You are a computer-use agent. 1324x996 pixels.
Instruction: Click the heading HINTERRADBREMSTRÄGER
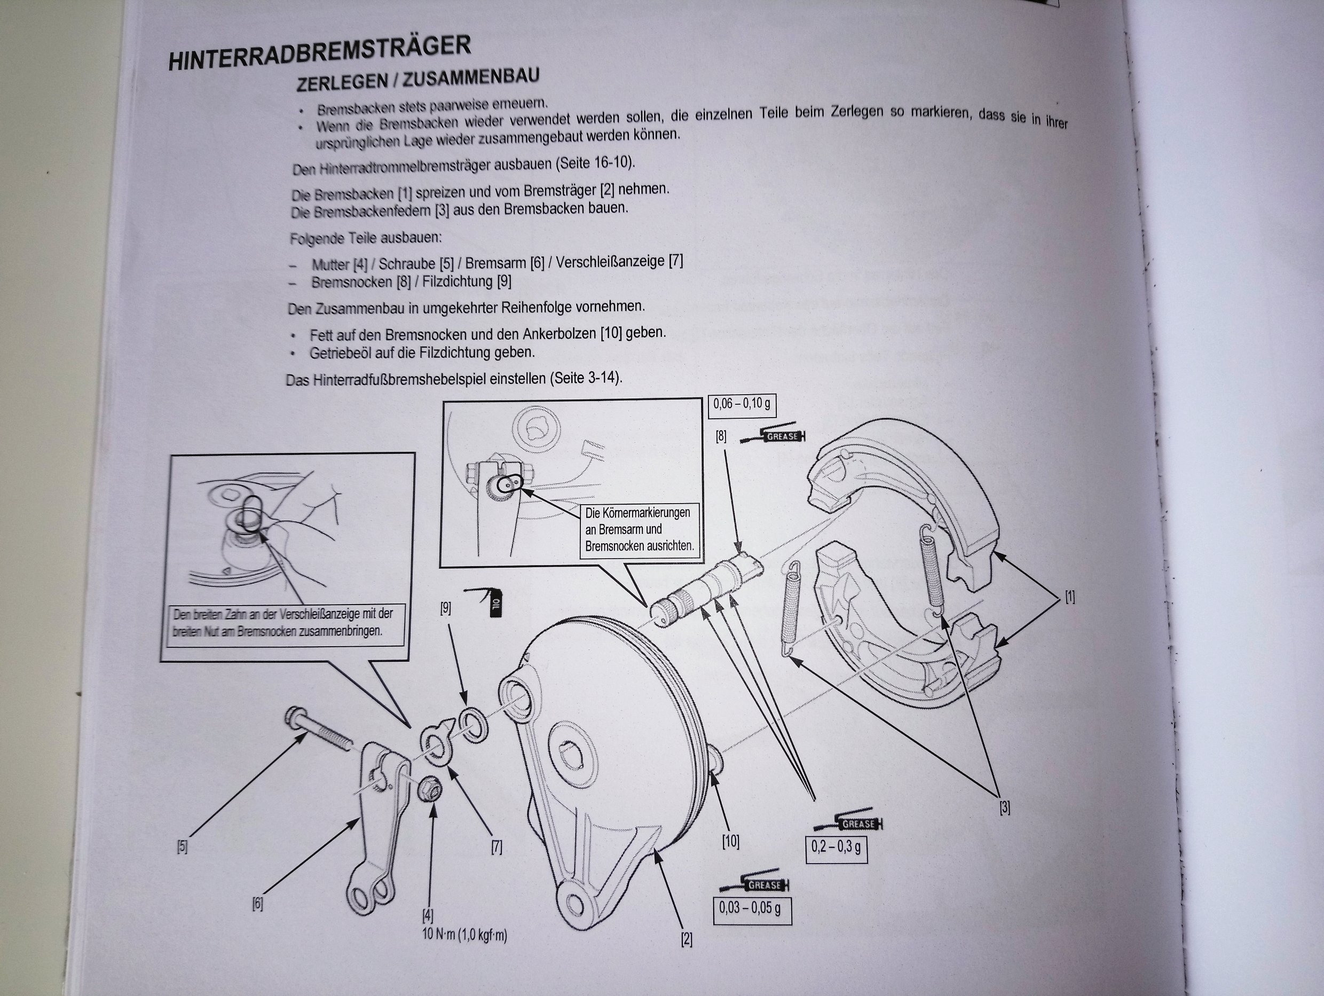coord(319,53)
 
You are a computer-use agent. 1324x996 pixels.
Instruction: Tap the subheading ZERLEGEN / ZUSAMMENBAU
coord(418,79)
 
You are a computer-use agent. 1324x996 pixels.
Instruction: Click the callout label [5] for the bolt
coord(182,847)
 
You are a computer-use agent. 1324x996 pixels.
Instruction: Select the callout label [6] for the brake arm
coord(257,904)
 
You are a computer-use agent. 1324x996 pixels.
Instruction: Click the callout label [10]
coord(730,842)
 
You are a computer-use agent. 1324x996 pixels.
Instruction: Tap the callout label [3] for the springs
coord(1004,807)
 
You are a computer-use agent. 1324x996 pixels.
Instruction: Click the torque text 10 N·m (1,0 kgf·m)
coord(464,935)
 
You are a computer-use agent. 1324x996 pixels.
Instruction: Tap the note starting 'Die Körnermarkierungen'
coord(639,529)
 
